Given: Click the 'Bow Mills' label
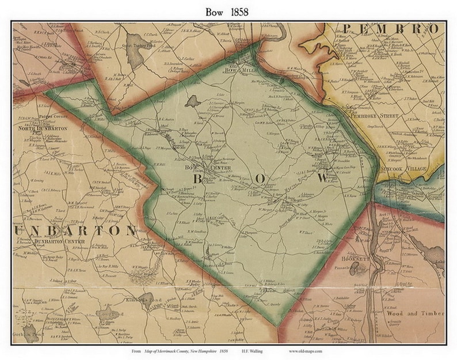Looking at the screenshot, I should (239, 70).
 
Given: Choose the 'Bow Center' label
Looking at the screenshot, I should (199, 168).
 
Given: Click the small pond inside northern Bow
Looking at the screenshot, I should (193, 101).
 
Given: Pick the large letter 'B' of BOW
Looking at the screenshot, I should (197, 180).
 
